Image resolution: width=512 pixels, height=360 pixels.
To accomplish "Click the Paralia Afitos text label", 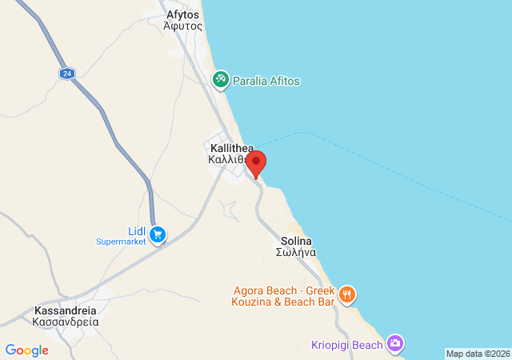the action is [x=266, y=80].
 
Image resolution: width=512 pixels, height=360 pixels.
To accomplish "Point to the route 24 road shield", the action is [x=66, y=73].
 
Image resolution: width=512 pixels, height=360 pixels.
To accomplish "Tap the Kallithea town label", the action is [x=229, y=148].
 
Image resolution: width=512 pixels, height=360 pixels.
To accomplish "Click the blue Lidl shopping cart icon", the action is [x=158, y=234].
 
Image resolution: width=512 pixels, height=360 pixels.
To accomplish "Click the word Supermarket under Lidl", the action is [x=121, y=241].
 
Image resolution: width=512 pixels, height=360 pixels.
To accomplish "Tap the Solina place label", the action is [x=296, y=241].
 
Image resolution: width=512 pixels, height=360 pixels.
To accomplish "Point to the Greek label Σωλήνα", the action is [x=296, y=252].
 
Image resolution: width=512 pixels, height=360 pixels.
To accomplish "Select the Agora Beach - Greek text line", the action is [x=283, y=290].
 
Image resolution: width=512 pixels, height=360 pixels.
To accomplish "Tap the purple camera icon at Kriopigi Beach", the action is [x=394, y=344].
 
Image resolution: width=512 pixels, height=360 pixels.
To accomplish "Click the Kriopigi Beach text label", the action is [x=346, y=345].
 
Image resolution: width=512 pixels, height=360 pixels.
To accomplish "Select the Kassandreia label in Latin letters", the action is [x=66, y=310].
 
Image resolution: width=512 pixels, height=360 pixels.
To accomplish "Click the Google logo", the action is [x=26, y=350].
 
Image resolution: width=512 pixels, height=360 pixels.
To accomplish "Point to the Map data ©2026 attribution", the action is [x=477, y=354].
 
